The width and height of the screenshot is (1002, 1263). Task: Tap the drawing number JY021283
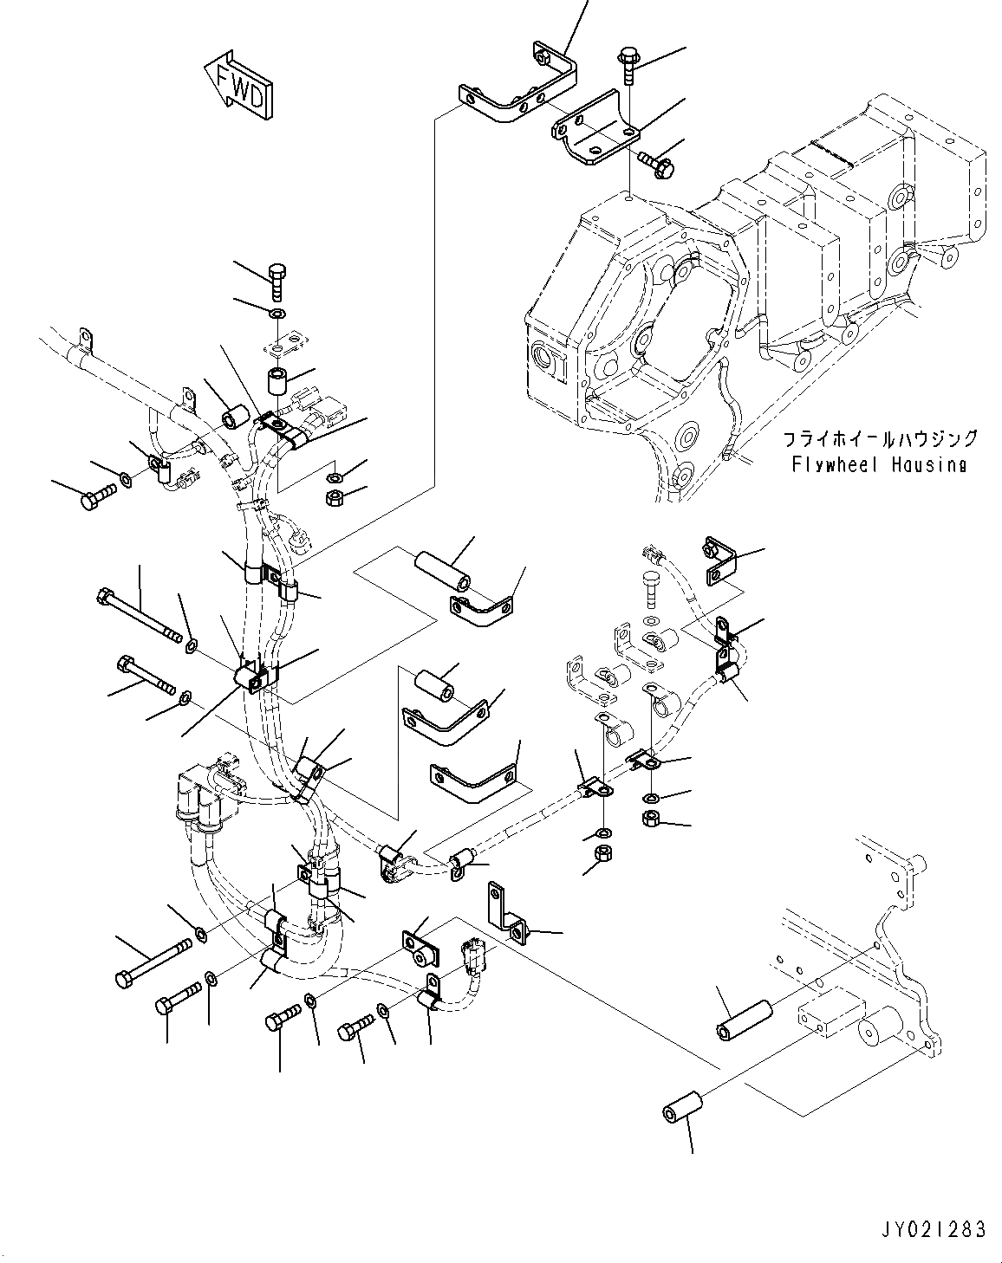pyautogui.click(x=934, y=1229)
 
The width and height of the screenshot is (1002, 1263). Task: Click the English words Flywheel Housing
pyautogui.click(x=879, y=465)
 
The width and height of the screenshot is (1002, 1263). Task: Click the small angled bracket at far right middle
pyautogui.click(x=720, y=560)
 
